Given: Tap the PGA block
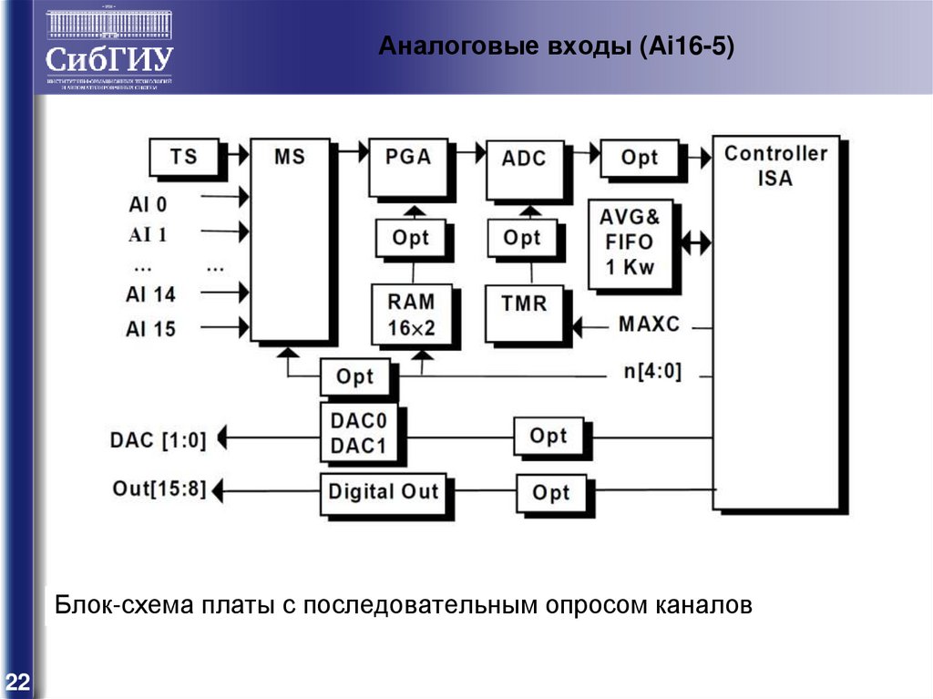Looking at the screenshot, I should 407,166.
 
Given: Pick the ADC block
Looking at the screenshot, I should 524,168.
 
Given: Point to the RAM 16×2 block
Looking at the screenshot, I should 411,314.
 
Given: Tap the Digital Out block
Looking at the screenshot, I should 383,492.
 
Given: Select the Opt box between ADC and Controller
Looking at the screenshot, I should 639,158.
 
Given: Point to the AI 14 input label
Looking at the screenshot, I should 150,294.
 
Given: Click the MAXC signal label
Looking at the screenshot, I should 649,324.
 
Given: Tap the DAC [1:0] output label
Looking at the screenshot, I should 158,440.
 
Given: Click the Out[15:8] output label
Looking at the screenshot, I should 158,488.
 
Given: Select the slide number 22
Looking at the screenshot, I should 17,681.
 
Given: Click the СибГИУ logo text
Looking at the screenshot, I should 108,60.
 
